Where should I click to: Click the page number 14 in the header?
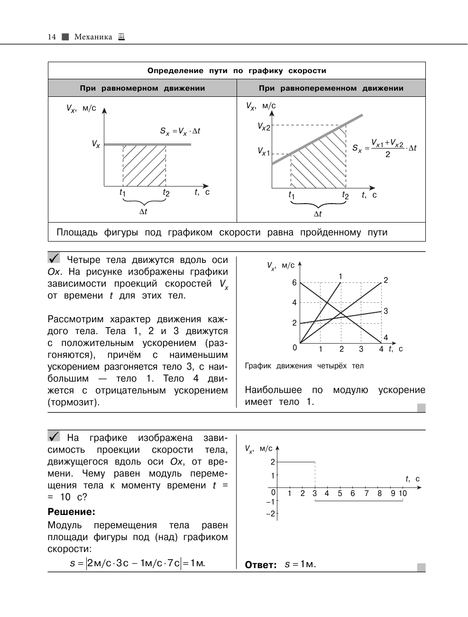(x=52, y=37)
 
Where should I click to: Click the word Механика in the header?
(x=93, y=37)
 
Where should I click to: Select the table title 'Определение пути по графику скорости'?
(x=237, y=71)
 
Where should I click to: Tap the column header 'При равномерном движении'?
(x=142, y=88)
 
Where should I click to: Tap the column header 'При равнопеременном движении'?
(x=331, y=88)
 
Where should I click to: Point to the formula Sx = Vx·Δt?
(x=180, y=131)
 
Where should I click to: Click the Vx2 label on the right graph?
(x=264, y=127)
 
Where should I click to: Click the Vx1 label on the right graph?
(x=264, y=151)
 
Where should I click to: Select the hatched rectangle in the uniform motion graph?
(x=144, y=165)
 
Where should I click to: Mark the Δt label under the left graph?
(x=143, y=212)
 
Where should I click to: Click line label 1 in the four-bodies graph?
(x=340, y=276)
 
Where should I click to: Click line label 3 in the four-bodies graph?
(x=386, y=311)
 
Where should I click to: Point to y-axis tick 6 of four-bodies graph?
(x=294, y=283)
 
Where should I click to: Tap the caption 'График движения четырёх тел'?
(x=304, y=366)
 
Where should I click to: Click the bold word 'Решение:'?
(x=71, y=512)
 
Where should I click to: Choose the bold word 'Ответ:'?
(x=261, y=565)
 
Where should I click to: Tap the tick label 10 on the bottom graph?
(x=403, y=494)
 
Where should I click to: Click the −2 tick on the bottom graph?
(x=270, y=514)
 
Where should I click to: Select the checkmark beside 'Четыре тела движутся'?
(x=54, y=258)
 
